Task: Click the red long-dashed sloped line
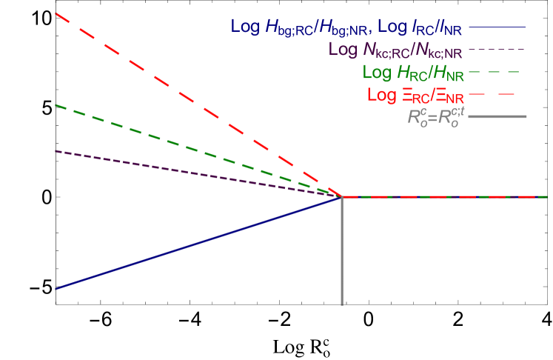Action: [185, 96]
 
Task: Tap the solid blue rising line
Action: [185, 247]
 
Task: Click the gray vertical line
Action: [342, 252]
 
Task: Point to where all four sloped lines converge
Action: [342, 196]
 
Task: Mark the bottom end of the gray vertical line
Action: [342, 304]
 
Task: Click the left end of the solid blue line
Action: [56, 289]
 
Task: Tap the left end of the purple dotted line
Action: [56, 151]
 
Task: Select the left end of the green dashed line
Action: [56, 105]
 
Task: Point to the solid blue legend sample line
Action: [497, 27]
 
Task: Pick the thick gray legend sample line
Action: [497, 117]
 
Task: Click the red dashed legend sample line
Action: [497, 95]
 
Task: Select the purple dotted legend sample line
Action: [497, 50]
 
